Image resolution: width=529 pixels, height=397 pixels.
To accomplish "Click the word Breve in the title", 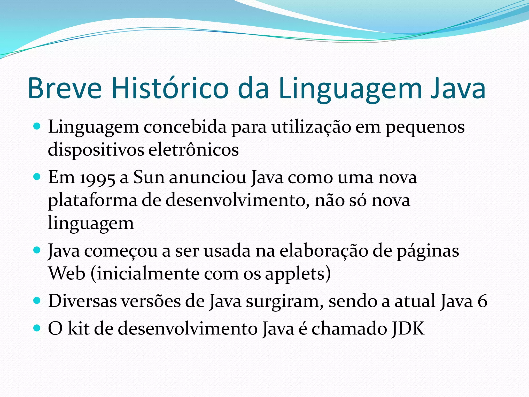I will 65,88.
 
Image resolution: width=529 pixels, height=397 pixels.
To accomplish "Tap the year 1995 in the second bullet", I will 97,178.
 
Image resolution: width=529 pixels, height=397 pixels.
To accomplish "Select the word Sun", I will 149,178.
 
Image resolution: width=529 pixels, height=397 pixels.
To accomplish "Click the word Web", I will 67,273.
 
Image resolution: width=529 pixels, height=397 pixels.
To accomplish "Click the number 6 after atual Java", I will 482,301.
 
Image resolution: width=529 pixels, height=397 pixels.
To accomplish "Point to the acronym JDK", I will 408,329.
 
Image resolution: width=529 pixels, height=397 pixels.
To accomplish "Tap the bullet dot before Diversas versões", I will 37,301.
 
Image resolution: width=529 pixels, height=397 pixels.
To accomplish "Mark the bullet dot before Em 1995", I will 37,177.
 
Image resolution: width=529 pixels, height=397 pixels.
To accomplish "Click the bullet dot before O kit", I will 37,328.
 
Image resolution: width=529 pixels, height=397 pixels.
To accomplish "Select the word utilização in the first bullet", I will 311,127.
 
